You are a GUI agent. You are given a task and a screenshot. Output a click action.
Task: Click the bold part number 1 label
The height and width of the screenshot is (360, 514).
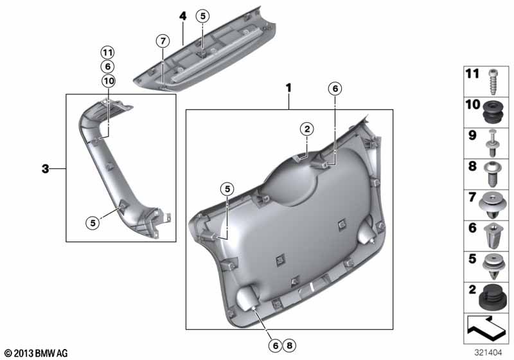[288, 88]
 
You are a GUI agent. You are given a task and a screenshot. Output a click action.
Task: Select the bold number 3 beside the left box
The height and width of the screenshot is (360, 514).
[45, 169]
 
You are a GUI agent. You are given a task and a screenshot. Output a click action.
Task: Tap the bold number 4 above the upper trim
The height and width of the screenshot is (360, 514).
[182, 16]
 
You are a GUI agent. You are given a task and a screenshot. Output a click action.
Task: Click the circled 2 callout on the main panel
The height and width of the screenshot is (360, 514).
[307, 129]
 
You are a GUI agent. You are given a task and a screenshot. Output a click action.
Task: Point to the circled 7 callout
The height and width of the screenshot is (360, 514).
[163, 41]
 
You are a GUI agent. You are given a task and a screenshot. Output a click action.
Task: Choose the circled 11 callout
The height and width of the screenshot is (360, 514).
[107, 53]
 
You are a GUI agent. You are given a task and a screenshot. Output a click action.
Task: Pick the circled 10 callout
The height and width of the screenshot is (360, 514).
[109, 80]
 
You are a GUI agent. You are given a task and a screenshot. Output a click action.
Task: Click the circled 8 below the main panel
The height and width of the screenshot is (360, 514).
[289, 345]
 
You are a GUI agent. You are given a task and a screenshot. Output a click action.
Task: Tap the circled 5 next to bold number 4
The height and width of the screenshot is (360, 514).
[202, 15]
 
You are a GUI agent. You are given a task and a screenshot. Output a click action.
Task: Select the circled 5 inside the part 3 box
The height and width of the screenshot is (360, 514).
[93, 223]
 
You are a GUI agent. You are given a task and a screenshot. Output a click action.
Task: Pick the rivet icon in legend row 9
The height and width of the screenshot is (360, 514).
[492, 143]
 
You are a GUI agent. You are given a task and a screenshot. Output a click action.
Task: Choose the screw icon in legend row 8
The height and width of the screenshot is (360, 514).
[492, 174]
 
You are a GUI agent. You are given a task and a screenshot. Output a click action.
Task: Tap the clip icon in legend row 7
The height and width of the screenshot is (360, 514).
[492, 206]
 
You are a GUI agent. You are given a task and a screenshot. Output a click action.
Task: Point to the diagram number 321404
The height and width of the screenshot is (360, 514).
[488, 352]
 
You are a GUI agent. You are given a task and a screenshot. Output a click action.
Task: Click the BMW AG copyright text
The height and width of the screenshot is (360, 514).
[37, 353]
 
